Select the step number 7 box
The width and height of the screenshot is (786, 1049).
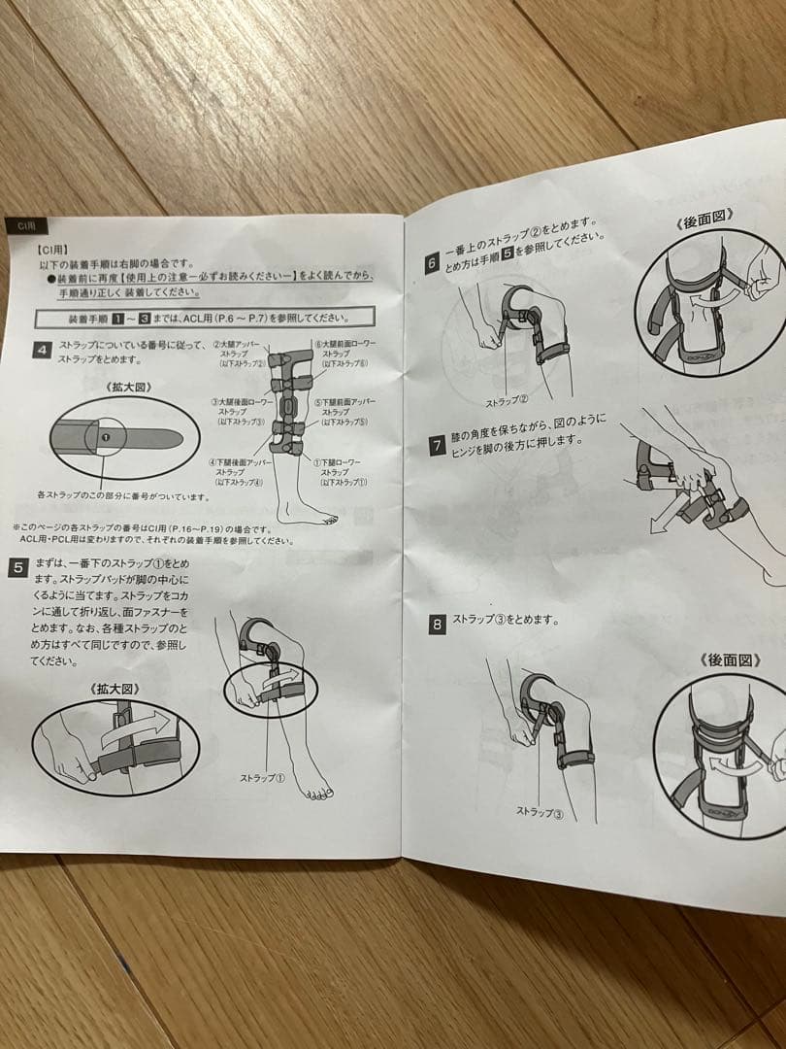[x=438, y=447]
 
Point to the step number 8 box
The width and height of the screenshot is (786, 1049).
[x=438, y=625]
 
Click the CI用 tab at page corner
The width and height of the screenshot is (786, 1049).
[x=23, y=224]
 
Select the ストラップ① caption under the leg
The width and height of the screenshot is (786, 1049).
[x=262, y=777]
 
